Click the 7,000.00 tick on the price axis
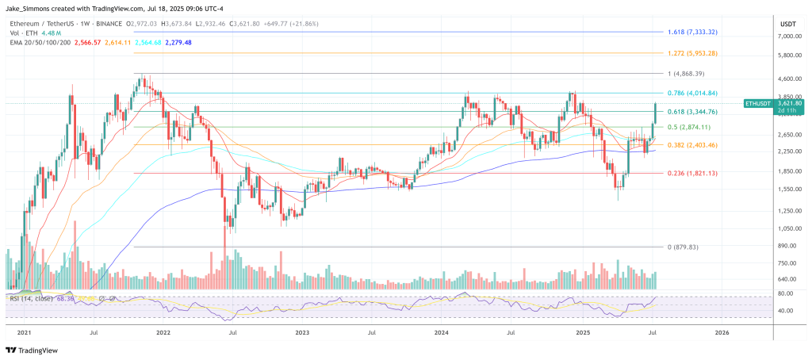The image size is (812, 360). point(788,36)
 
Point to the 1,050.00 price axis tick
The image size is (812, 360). point(788,228)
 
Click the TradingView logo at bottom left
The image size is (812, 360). point(33,349)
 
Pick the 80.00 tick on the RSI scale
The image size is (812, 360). point(788,293)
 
